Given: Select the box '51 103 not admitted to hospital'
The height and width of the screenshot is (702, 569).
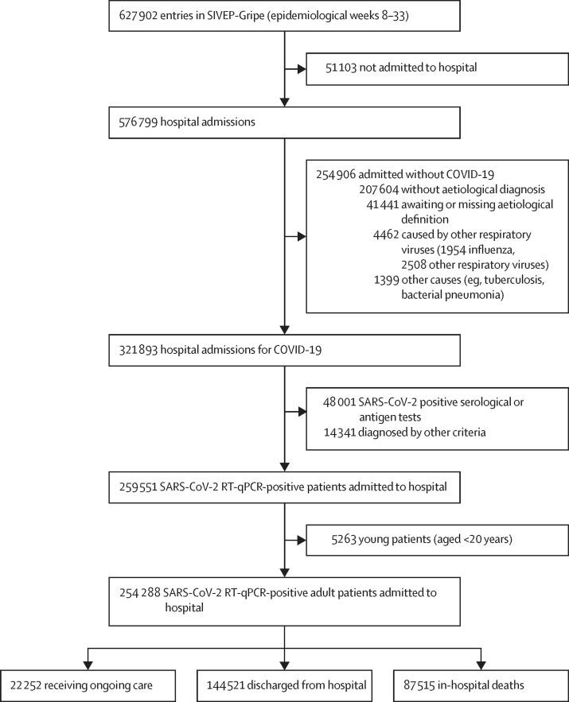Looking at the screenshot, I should tap(389, 68).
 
